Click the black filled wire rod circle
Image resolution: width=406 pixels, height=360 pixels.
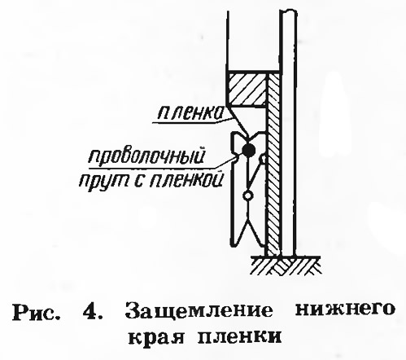(x=248, y=150)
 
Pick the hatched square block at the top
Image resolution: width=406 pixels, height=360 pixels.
(x=247, y=89)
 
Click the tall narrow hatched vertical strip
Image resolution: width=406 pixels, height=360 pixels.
(x=273, y=165)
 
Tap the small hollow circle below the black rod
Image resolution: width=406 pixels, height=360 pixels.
(x=247, y=195)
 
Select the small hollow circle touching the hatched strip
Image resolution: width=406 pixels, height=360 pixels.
(x=263, y=158)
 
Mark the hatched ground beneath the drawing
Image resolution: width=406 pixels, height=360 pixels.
(x=286, y=266)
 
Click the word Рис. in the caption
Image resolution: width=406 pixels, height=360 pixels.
(x=36, y=314)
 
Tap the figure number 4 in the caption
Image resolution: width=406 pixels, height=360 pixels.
(x=92, y=313)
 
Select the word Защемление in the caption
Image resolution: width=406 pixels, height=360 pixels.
(x=199, y=313)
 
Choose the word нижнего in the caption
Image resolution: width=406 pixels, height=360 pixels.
(x=344, y=311)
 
